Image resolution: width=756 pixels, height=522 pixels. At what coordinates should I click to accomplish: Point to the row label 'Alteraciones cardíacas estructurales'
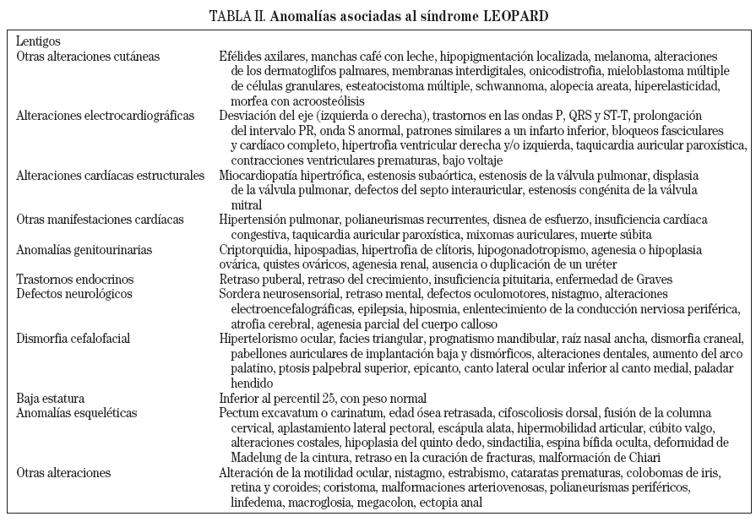pos(110,176)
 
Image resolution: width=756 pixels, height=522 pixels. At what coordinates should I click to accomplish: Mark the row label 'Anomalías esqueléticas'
pos(77,413)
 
